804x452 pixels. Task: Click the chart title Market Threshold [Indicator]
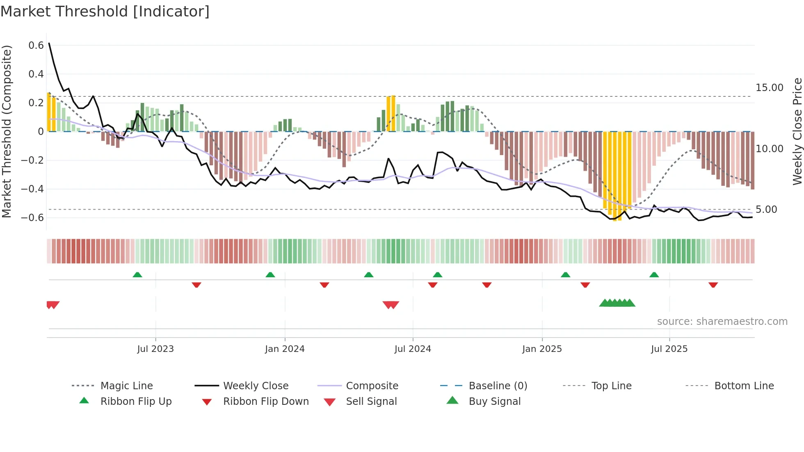coord(105,11)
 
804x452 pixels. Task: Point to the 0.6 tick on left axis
coord(36,46)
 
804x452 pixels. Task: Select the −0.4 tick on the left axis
coord(32,189)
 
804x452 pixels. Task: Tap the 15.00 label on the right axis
coord(769,88)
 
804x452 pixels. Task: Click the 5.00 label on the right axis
coord(766,210)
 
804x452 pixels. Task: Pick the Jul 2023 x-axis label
coord(155,349)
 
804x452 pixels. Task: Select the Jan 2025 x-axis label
coord(542,349)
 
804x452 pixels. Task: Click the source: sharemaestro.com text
coord(722,322)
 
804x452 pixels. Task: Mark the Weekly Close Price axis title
coord(797,131)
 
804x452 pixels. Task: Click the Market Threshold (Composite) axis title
coord(7,131)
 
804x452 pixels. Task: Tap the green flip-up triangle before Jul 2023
coord(137,275)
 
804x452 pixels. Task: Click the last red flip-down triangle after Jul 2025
coord(713,285)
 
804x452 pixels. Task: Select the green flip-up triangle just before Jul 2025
coord(654,275)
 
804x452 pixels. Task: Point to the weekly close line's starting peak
coord(49,43)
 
